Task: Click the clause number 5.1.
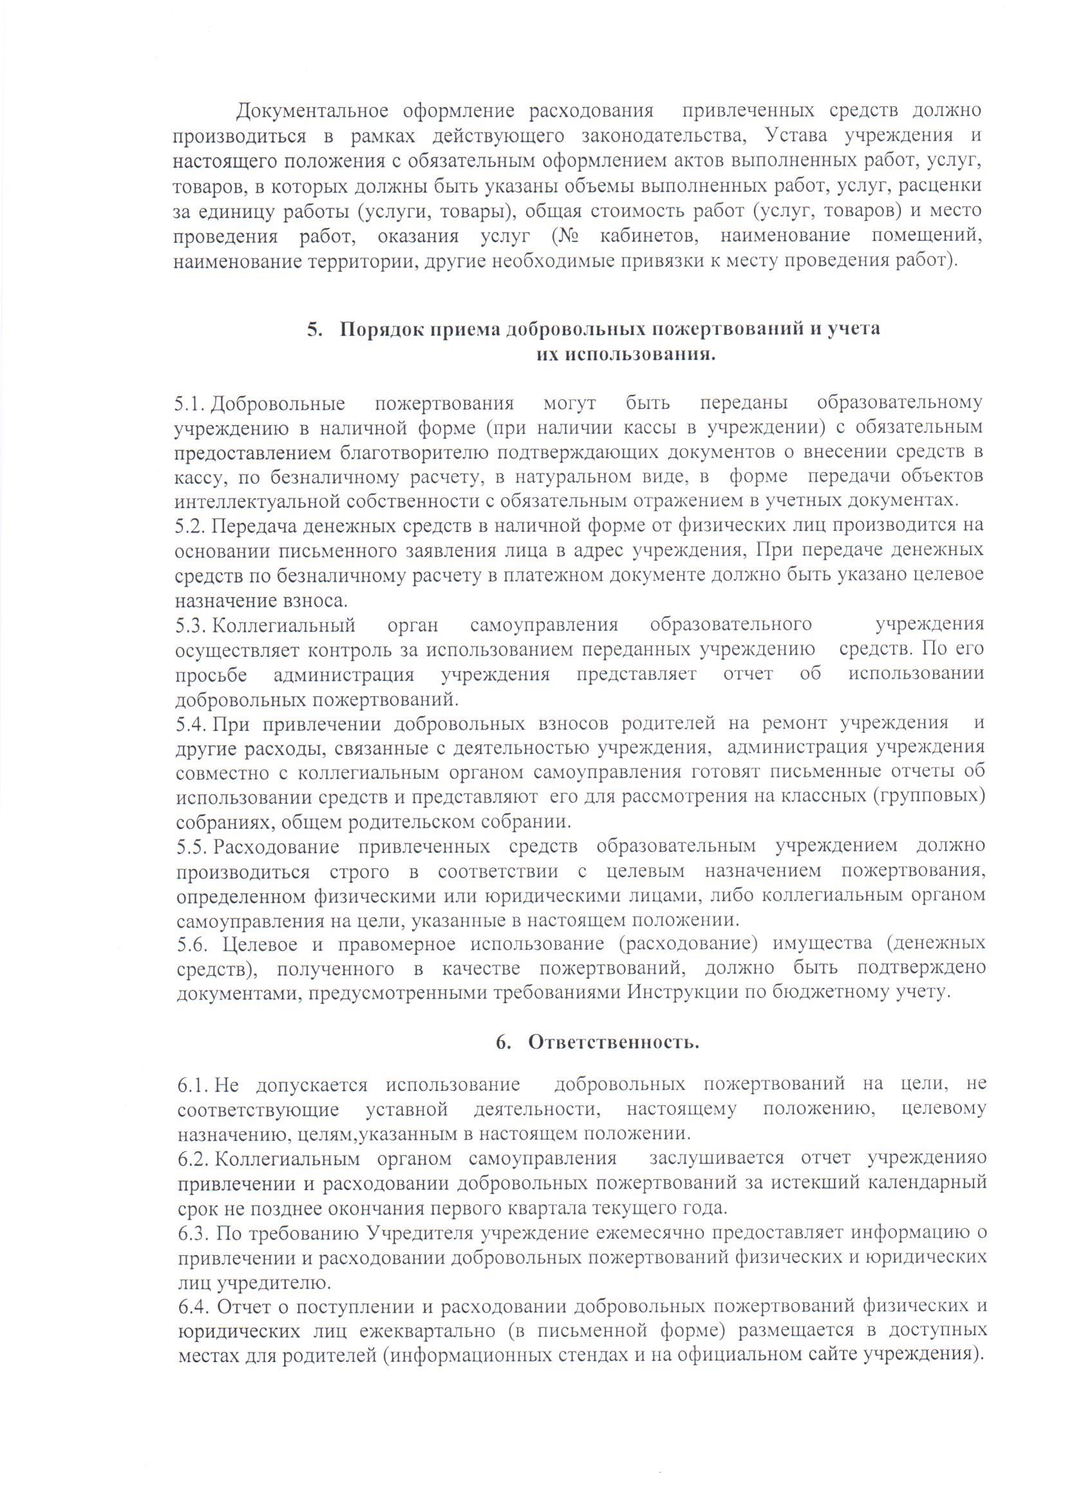(x=191, y=402)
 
